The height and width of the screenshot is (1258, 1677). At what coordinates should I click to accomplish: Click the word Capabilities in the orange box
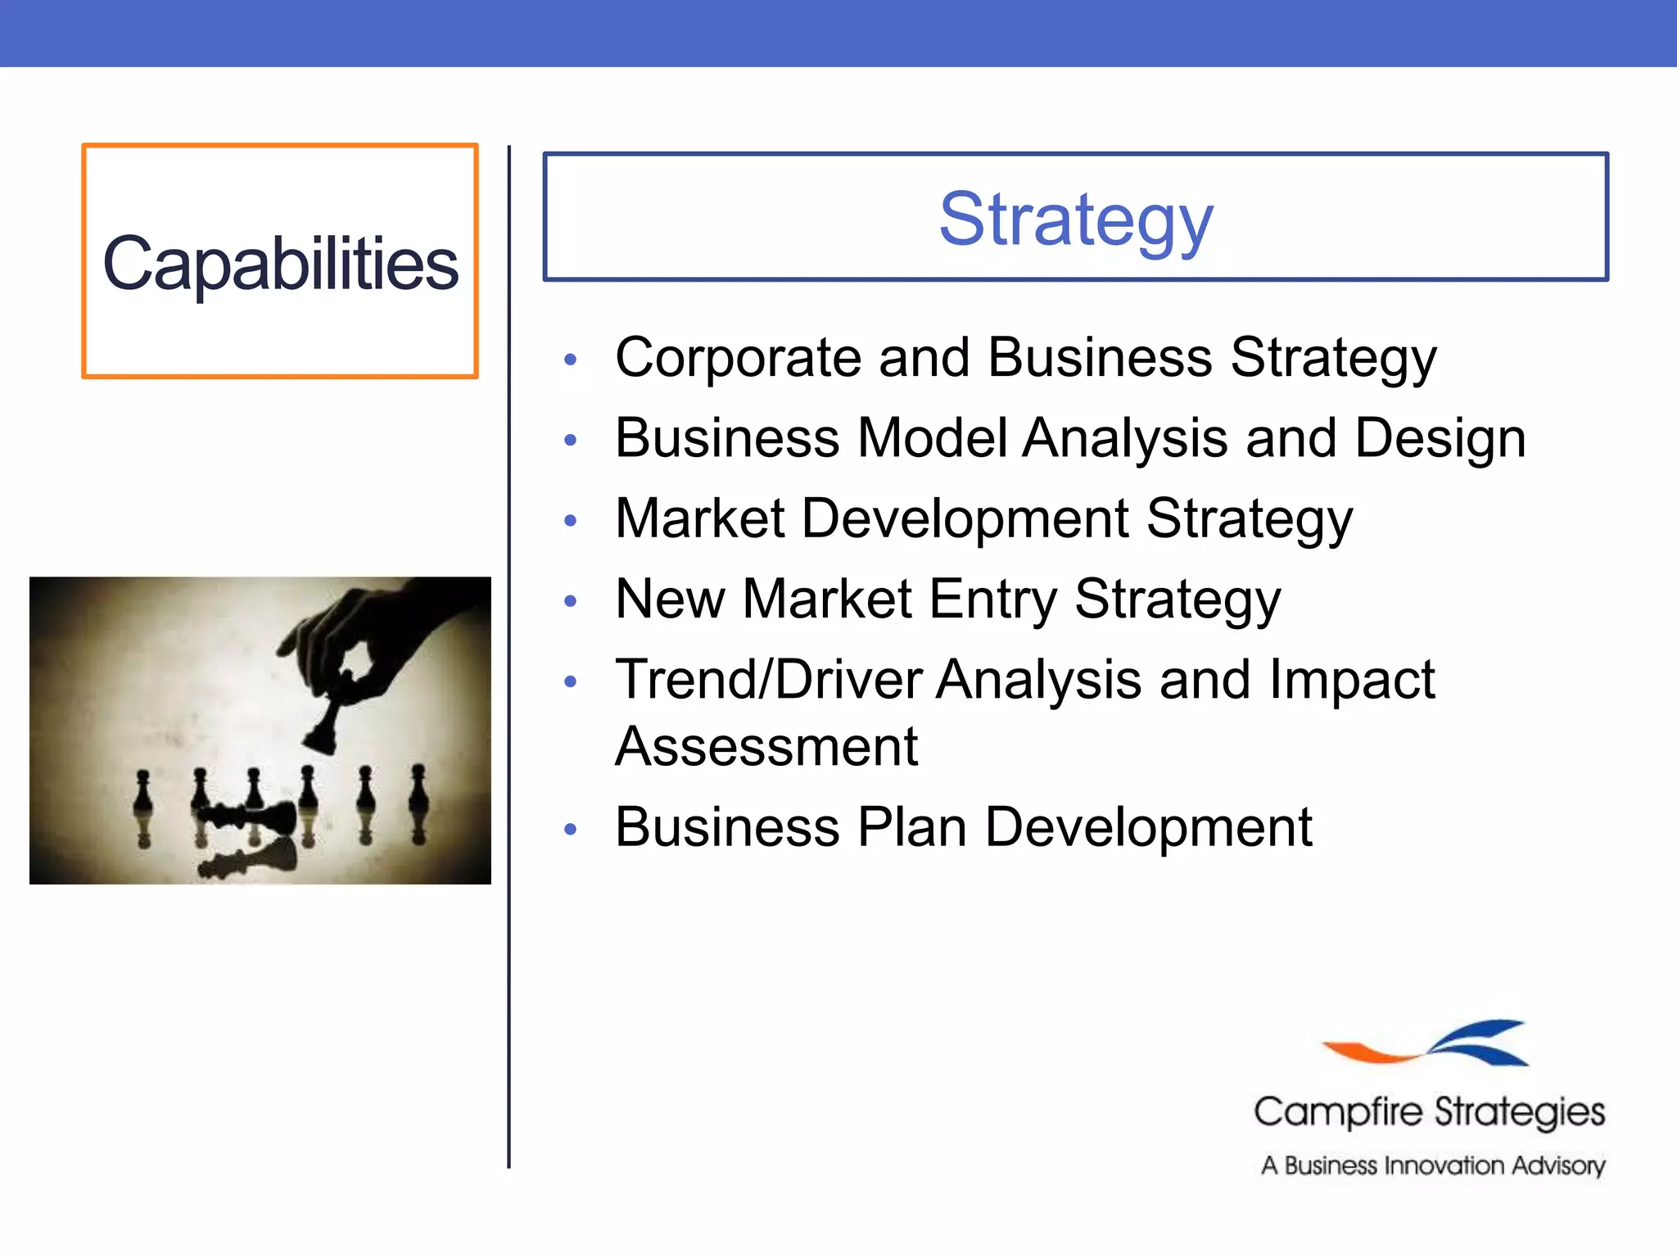[280, 264]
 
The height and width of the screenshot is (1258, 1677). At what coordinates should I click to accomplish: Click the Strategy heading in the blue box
[1075, 219]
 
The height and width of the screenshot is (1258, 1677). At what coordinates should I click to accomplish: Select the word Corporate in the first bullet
[738, 358]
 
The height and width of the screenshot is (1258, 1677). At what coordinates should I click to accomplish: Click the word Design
[1440, 438]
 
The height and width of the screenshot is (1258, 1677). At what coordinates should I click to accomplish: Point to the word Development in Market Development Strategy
[965, 518]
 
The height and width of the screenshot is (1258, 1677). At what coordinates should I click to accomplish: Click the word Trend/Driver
[768, 680]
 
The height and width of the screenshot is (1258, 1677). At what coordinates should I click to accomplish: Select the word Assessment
[766, 746]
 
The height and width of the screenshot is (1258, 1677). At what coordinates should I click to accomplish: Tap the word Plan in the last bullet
[912, 827]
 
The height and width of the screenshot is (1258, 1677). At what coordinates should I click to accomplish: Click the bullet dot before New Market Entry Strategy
[571, 601]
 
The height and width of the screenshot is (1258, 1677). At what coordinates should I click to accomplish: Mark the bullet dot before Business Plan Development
[571, 830]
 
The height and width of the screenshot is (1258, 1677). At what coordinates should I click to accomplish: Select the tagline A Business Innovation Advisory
[1432, 1165]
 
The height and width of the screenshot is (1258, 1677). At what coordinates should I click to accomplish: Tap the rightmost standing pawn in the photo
[418, 788]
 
